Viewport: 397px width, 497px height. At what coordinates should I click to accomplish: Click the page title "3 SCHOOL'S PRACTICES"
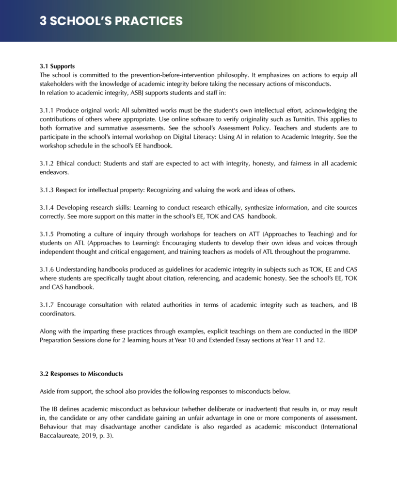tap(111, 21)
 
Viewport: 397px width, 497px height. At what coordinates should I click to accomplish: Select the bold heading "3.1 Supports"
tap(57, 66)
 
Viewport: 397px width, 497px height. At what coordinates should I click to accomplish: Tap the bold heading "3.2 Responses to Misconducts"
tap(81, 374)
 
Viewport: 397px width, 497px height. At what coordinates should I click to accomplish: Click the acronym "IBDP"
tap(347, 331)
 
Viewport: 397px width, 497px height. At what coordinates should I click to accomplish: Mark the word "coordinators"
tap(58, 314)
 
